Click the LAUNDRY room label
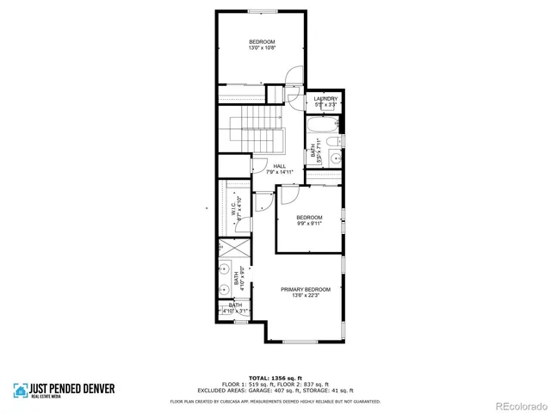[325, 100]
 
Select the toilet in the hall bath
[337, 141]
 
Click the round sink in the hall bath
[335, 157]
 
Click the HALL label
[279, 167]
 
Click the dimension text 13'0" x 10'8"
[262, 48]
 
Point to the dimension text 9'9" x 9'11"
[309, 223]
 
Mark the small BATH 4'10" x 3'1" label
[234, 307]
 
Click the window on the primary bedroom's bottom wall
[300, 342]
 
